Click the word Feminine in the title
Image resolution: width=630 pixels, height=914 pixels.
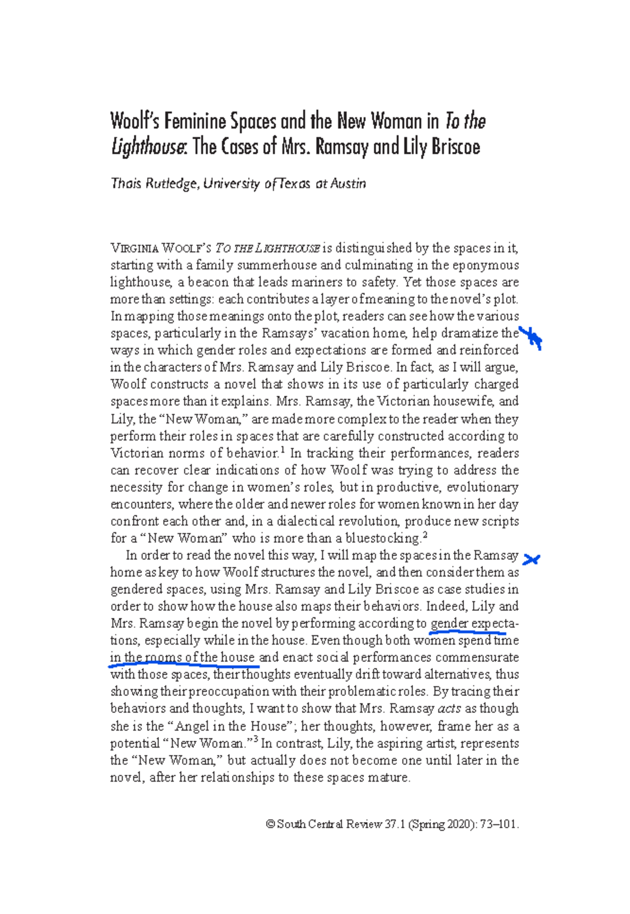tap(194, 122)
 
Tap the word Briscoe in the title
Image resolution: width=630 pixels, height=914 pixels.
tap(456, 147)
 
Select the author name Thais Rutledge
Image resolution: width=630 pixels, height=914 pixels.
tap(155, 184)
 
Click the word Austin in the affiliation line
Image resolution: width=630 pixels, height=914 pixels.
tap(348, 184)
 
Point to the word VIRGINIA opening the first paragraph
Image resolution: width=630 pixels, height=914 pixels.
tap(134, 248)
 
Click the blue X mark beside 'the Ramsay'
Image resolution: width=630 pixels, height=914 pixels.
tap(531, 560)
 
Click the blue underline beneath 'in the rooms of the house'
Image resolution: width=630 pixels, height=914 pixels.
tap(184, 664)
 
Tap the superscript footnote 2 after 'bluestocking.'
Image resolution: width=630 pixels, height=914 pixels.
tap(426, 535)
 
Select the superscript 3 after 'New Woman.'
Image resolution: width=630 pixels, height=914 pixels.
tap(256, 740)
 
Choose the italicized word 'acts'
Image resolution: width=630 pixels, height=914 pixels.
tap(449, 709)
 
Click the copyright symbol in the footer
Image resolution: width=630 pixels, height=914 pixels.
tap(270, 825)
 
